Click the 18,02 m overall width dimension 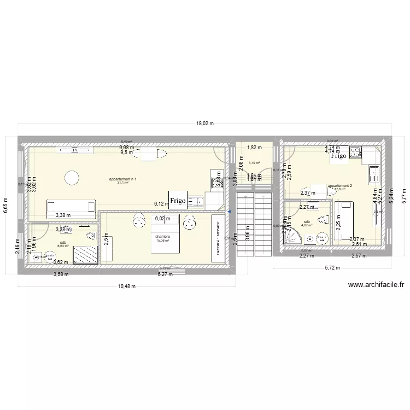tap(204, 124)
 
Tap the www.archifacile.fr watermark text tap(376, 284)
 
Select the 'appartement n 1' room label tap(123, 179)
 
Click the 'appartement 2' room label tap(340, 186)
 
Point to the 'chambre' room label tap(163, 237)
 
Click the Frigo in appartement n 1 tap(178, 201)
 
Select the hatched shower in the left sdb tap(85, 255)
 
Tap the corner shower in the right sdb tap(294, 236)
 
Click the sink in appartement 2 tap(376, 174)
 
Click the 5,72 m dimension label tap(332, 268)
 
